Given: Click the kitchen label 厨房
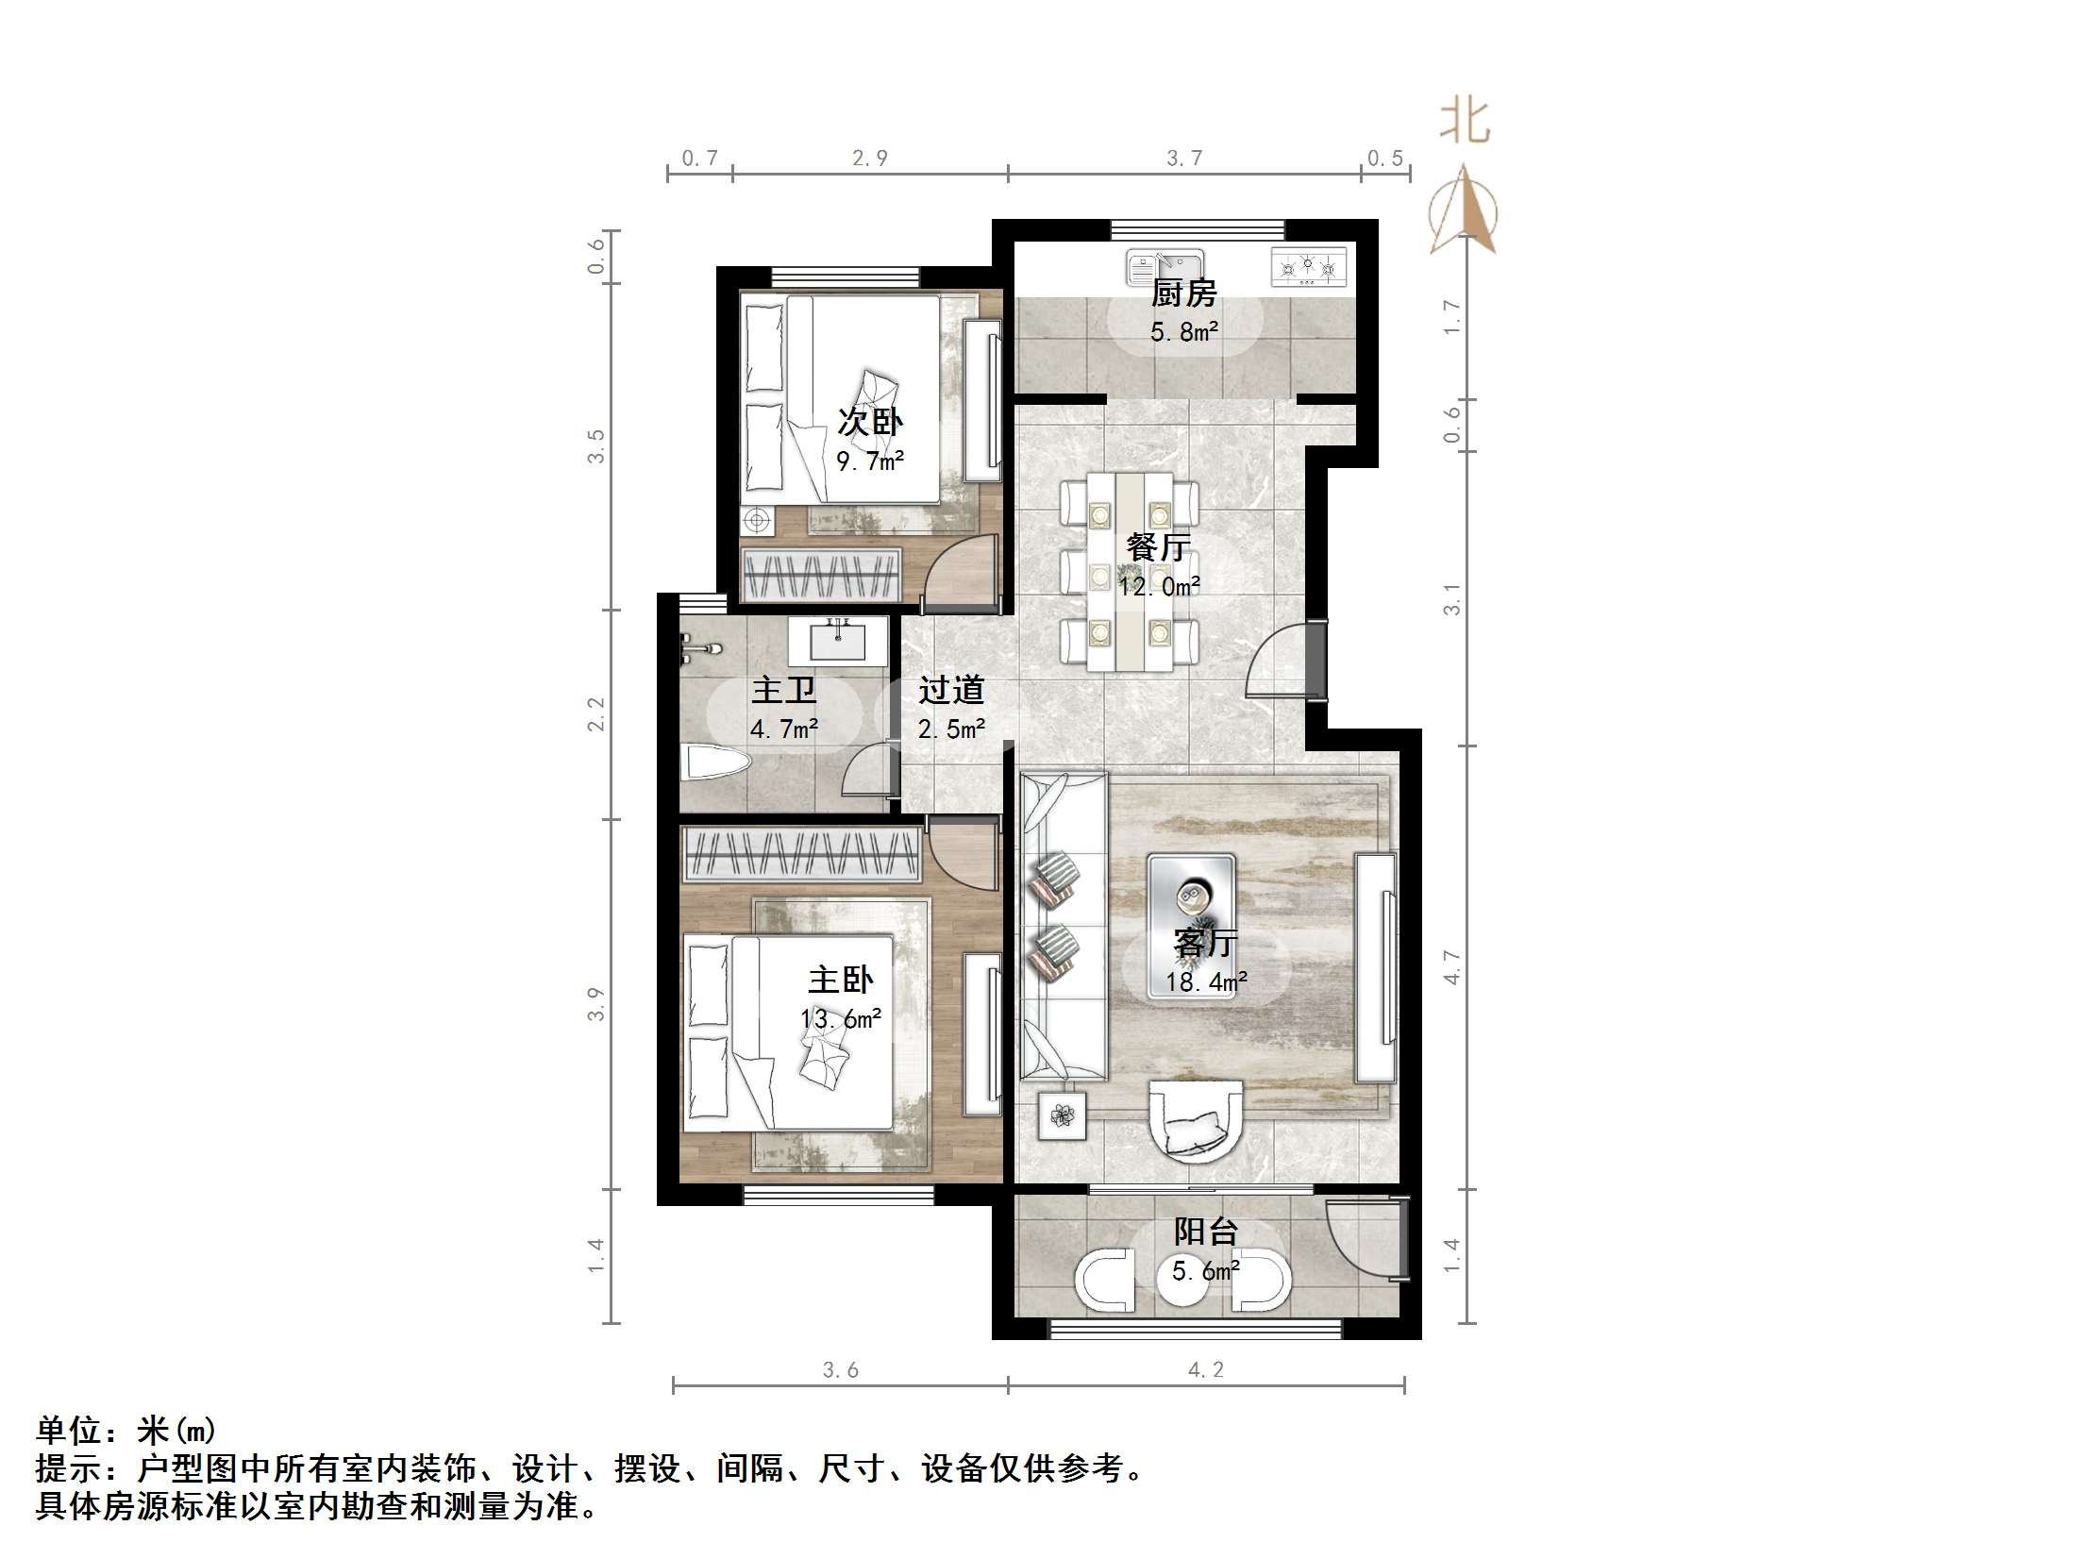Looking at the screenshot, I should pyautogui.click(x=1183, y=293).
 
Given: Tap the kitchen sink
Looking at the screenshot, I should pyautogui.click(x=1165, y=266).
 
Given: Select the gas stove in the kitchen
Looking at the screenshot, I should pyautogui.click(x=1308, y=267).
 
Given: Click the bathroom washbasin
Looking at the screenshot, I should pyautogui.click(x=838, y=642).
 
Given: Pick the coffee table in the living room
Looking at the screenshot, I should pyautogui.click(x=1191, y=926).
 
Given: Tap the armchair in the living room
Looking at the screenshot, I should pyautogui.click(x=1195, y=1130).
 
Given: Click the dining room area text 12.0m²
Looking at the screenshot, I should pyautogui.click(x=1159, y=587).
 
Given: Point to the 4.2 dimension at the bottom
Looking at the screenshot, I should pyautogui.click(x=1206, y=1369).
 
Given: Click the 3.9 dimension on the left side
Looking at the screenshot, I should pyautogui.click(x=595, y=1004).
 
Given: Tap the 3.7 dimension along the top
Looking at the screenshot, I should pyautogui.click(x=1184, y=159).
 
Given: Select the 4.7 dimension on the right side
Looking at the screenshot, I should pyautogui.click(x=1451, y=967).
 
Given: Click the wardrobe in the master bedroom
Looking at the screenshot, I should pyautogui.click(x=801, y=854).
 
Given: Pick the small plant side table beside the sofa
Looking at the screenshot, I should pyautogui.click(x=1063, y=1115).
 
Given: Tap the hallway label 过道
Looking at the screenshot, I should pyautogui.click(x=951, y=690).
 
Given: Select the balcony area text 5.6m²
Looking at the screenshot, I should pyautogui.click(x=1205, y=1271).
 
